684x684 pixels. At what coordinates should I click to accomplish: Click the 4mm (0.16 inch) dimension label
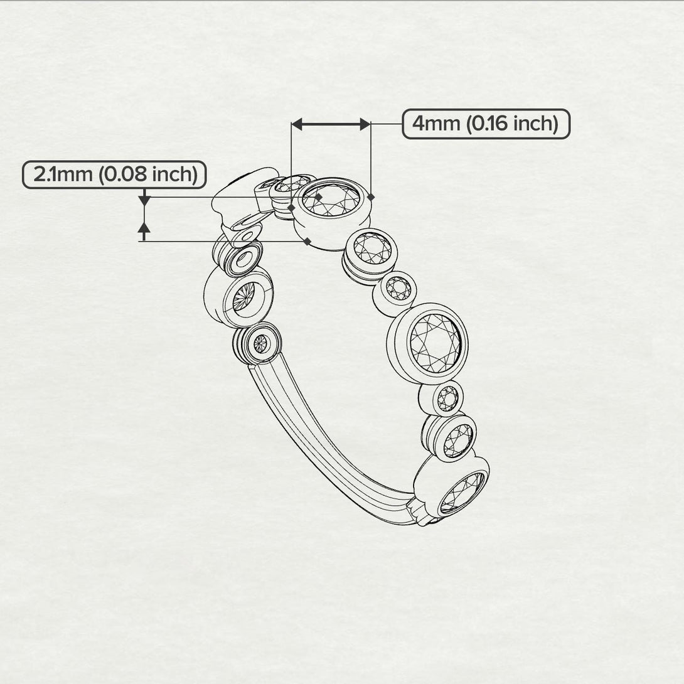(486, 124)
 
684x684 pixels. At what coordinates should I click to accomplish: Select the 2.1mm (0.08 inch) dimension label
(114, 174)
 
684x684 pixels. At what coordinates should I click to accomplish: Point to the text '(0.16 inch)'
(512, 124)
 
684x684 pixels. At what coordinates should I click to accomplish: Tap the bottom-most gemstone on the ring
(462, 493)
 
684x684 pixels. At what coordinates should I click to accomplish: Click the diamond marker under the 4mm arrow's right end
(371, 197)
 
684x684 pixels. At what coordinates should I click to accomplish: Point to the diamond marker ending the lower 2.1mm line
(307, 241)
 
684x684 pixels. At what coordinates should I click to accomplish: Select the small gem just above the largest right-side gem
(398, 289)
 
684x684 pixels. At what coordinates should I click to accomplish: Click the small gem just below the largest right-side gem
(448, 398)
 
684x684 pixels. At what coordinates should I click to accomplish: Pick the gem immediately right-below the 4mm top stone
(372, 248)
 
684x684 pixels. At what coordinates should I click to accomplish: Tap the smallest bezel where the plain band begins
(261, 344)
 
